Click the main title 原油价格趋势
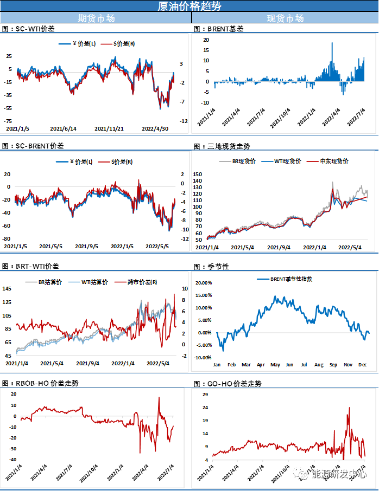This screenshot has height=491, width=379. click(x=189, y=7)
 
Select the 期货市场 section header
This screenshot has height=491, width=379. click(x=96, y=18)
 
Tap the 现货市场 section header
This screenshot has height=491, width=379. click(x=285, y=18)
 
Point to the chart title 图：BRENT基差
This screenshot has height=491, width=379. click(x=218, y=28)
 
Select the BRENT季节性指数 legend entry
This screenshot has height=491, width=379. click(x=290, y=279)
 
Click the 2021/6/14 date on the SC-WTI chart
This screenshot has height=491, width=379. click(x=63, y=129)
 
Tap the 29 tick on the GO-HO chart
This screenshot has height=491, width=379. click(x=205, y=393)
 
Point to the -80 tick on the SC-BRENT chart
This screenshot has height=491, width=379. click(x=8, y=239)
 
